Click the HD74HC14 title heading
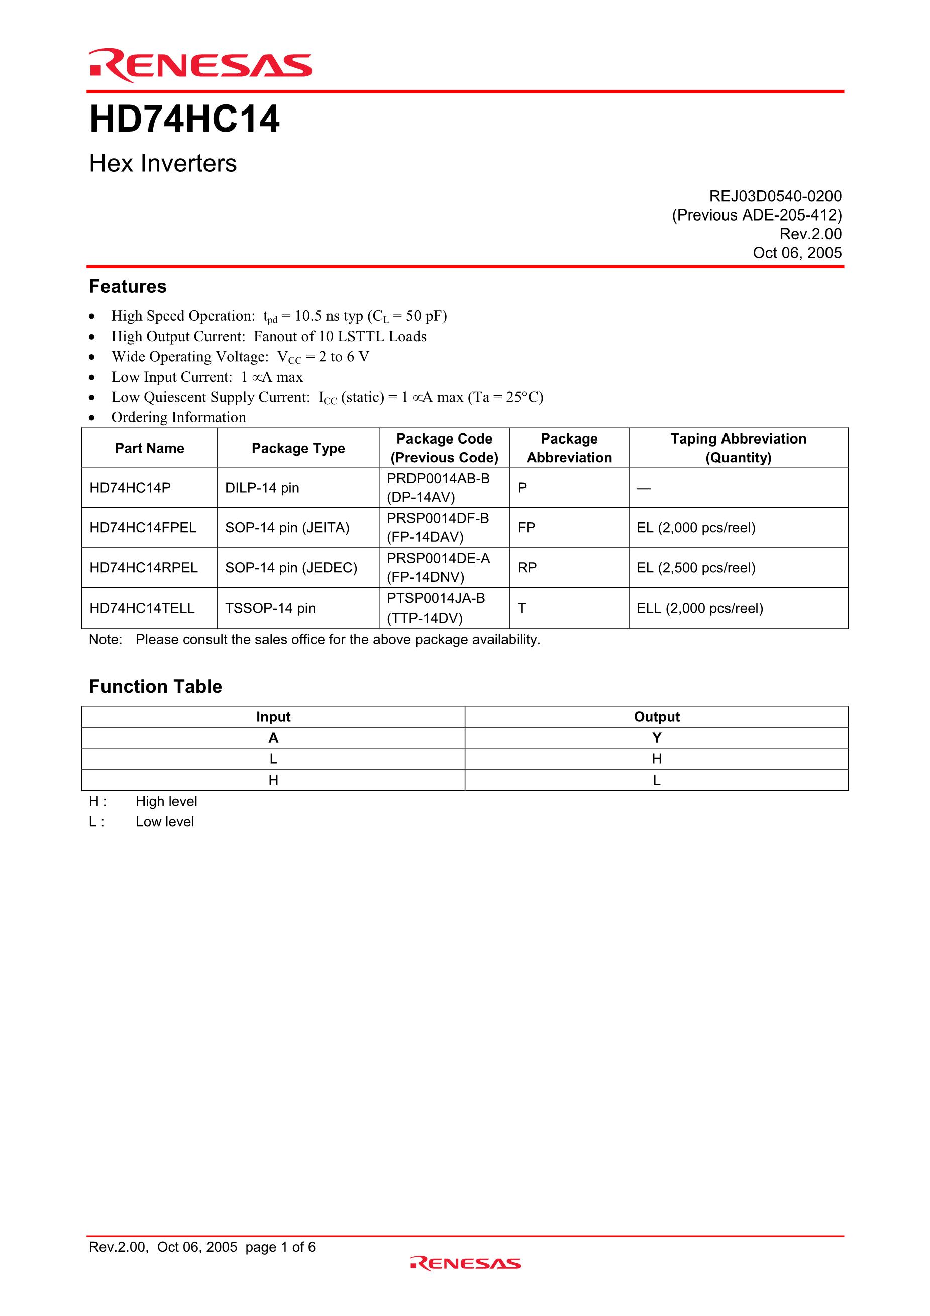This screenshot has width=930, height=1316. (184, 119)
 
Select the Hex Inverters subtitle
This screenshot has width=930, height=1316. (163, 163)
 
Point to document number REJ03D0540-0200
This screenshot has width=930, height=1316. (775, 196)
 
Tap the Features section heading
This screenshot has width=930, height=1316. (128, 287)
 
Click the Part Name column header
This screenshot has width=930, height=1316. (150, 448)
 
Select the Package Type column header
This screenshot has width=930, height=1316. (298, 448)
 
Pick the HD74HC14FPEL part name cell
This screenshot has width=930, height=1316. (143, 528)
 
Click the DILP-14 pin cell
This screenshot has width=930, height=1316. (262, 488)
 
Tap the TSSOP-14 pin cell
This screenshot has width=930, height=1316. (270, 608)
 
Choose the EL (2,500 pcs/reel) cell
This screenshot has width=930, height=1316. (695, 568)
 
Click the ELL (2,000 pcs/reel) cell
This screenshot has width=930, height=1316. (699, 608)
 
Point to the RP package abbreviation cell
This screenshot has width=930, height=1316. (527, 568)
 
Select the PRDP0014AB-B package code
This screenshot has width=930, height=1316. (438, 479)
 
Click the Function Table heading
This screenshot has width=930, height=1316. (155, 686)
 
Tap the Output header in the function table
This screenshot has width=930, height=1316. (657, 717)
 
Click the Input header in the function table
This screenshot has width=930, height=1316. (273, 717)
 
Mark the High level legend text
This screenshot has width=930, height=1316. (166, 801)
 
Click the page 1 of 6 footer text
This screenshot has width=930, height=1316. (280, 1247)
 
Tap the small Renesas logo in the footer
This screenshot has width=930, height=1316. (465, 1263)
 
